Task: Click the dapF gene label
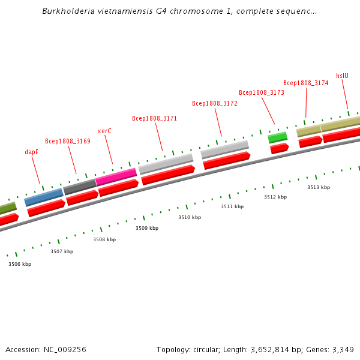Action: click(x=32, y=152)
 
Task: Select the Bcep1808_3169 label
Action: click(x=68, y=142)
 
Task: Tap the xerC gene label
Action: click(x=104, y=131)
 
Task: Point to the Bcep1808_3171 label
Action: click(x=154, y=118)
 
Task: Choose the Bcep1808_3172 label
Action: click(x=215, y=103)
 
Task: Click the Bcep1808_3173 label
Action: click(x=262, y=92)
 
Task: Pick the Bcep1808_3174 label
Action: click(x=305, y=83)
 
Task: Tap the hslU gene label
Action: click(x=342, y=76)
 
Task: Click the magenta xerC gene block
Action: click(x=116, y=177)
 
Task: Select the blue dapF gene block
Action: click(x=44, y=196)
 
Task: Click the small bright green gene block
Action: click(x=277, y=137)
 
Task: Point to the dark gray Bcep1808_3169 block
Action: click(x=80, y=187)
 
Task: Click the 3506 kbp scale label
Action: click(x=20, y=264)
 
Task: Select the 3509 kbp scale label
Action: click(x=147, y=228)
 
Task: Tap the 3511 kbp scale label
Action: click(x=232, y=206)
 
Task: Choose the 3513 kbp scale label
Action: click(x=319, y=187)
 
